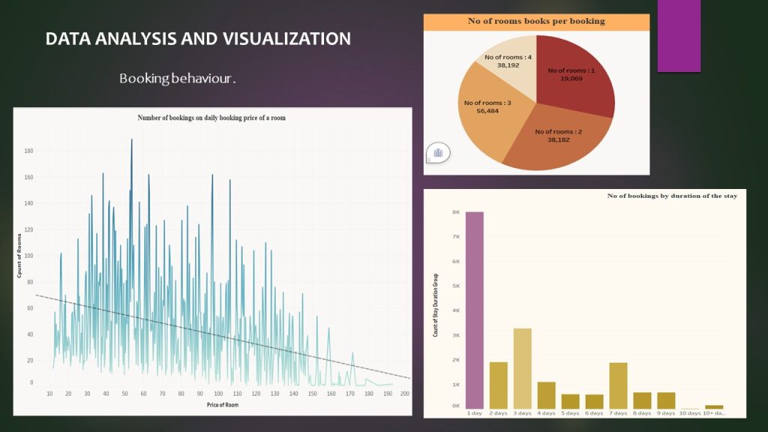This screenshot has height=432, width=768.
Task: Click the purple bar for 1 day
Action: (475, 310)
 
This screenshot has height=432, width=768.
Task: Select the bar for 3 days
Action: (523, 367)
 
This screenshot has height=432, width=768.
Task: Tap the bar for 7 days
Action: (619, 385)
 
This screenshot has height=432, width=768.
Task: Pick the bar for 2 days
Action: (499, 385)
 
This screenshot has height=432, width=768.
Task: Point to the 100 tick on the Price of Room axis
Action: (218, 393)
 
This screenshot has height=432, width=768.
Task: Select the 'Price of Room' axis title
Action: (222, 405)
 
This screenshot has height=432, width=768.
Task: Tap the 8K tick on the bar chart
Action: (455, 212)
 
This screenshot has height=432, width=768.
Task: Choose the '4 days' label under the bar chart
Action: (547, 413)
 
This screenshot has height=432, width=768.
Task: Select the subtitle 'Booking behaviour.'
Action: (178, 78)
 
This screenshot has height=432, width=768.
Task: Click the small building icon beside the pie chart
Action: (438, 153)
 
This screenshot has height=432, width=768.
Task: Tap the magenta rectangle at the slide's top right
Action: (679, 36)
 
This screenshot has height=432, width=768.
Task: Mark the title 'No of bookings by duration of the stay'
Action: (672, 196)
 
